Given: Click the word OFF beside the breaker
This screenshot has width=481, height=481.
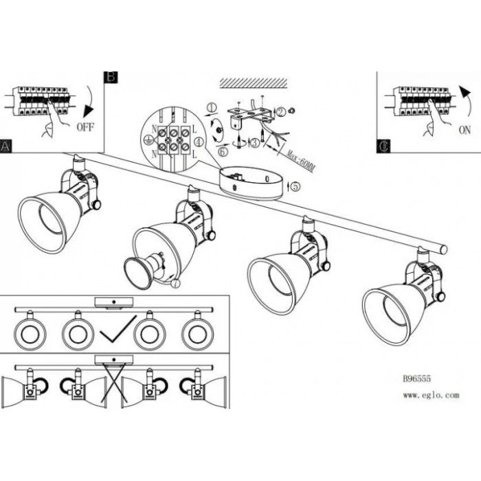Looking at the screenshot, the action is tap(85, 127).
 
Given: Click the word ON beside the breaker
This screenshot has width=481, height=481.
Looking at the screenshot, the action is tap(465, 130).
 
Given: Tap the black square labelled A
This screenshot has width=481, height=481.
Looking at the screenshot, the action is tap(5, 146).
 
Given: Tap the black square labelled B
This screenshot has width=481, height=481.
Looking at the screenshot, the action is tap(111, 77).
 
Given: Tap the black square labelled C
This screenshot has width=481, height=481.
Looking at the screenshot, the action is tap(383, 146).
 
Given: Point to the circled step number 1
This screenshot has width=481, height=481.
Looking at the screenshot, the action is tap(212, 108).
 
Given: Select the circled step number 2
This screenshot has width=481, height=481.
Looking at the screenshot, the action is tap(281, 112).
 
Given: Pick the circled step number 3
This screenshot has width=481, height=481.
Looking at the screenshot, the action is tap(255, 143).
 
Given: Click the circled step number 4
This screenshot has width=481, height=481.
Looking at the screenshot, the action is tap(199, 142).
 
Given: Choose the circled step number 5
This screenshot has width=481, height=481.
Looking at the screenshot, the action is tap(295, 186).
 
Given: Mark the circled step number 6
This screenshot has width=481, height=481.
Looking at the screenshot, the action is tap(223, 152).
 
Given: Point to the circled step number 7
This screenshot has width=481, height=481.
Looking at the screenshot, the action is tap(175, 284).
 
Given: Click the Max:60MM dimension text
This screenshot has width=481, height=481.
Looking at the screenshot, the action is tap(300, 160).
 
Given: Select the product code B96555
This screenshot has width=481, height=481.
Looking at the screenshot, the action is tap(416, 379).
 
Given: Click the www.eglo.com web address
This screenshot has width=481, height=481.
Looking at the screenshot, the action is tap(431, 395).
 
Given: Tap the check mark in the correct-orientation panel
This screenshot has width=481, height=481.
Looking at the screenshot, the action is tap(118, 329).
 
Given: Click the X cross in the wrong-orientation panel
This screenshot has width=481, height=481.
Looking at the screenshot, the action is tap(114, 382).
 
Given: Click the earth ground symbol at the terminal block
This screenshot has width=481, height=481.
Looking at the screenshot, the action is tap(148, 140).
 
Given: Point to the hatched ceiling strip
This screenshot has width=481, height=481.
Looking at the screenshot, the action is tap(254, 83).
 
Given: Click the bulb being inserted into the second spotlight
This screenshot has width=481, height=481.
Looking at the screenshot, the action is tap(143, 271).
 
